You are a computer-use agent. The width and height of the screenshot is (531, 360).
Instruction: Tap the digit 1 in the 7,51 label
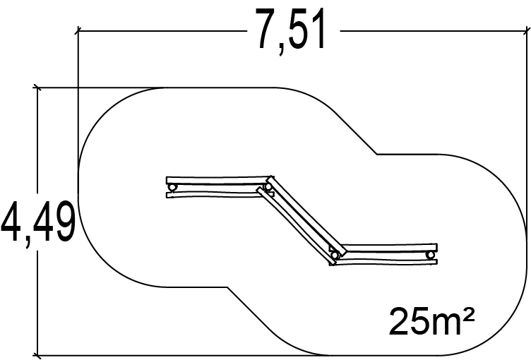click(x=319, y=29)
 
